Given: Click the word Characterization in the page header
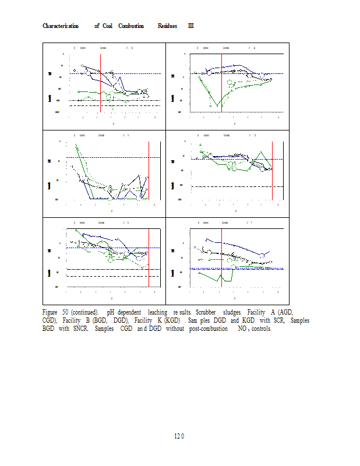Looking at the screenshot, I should (61, 26).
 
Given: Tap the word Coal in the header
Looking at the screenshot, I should (108, 26).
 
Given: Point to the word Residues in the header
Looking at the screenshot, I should (167, 26).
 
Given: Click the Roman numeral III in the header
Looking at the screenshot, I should (190, 26).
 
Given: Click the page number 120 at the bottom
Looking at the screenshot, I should (179, 436).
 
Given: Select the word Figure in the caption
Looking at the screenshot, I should (51, 313).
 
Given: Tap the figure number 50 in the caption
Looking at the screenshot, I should (66, 313).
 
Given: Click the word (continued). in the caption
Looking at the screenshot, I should (85, 313).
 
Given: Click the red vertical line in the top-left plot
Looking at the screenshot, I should (100, 83).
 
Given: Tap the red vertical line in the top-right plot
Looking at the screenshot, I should (221, 83).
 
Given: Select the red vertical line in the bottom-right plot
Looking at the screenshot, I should (221, 257).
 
